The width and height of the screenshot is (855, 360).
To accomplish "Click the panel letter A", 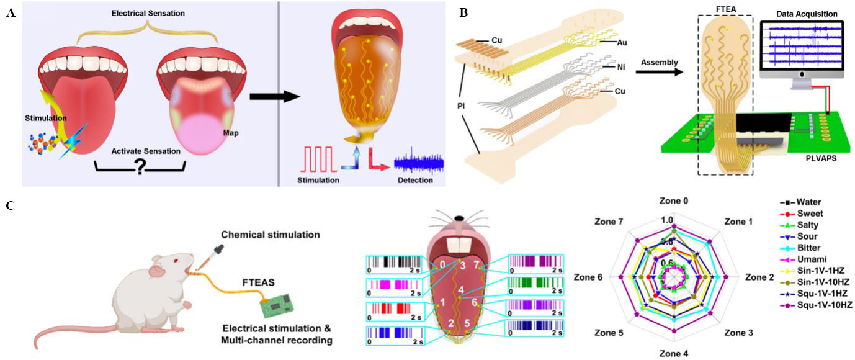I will click(x=11, y=13).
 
